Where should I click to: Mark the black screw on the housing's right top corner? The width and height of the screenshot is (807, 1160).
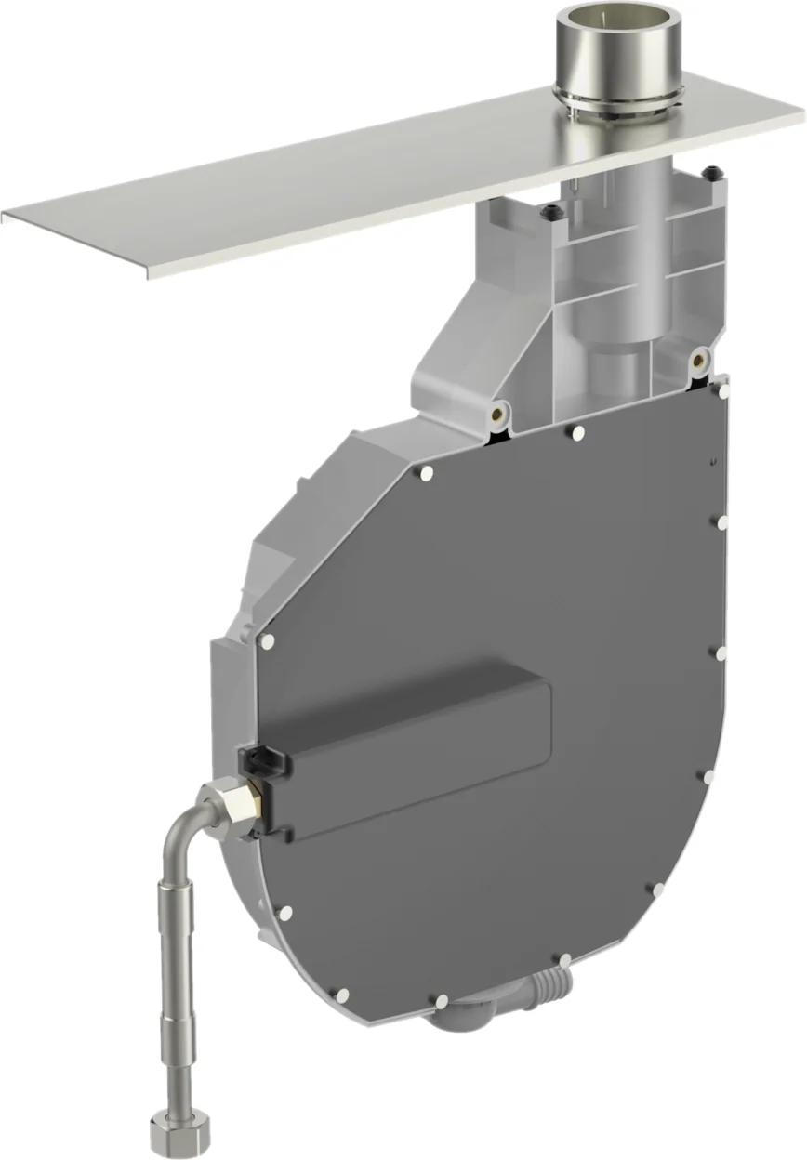tap(710, 173)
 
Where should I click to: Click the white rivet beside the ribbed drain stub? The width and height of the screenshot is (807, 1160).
tap(563, 958)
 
